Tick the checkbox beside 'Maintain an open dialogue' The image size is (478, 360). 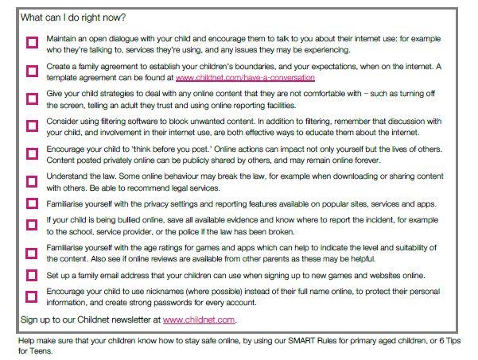(32, 44)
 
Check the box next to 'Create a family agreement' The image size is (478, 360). (32, 71)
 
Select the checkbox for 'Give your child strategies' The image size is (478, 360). (32, 99)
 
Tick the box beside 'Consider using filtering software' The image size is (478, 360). (32, 126)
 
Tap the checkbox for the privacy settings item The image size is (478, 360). (32, 203)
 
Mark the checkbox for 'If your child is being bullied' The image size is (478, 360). (32, 226)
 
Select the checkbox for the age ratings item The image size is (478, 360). (32, 254)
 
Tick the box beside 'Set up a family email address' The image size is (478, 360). (32, 275)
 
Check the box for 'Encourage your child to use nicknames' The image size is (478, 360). (32, 297)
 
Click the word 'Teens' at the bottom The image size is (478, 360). (29, 351)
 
